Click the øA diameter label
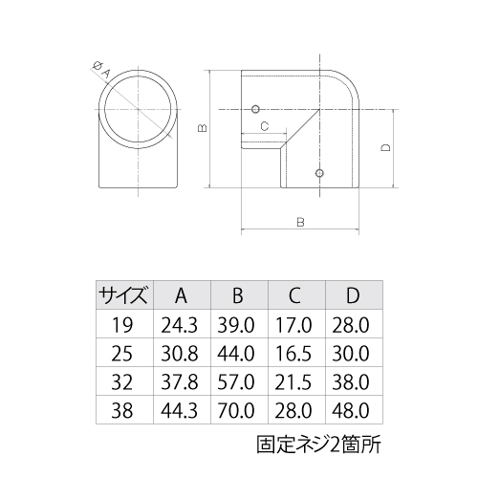point(99,68)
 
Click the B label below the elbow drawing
point(300,221)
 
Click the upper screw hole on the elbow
point(255,109)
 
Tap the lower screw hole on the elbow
point(318,174)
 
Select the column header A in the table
point(181,294)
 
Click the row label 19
point(123,325)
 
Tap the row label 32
point(123,383)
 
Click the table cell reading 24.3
point(181,325)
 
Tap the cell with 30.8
point(181,355)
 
